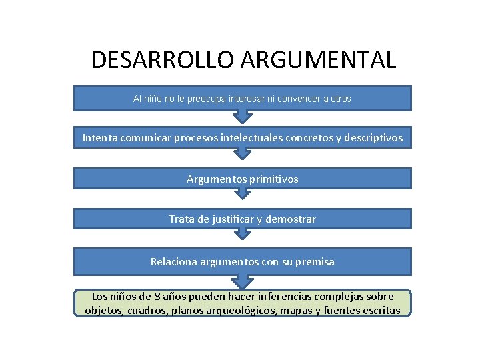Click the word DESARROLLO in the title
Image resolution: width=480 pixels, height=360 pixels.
(x=163, y=60)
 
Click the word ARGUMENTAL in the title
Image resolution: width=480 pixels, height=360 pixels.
(x=318, y=60)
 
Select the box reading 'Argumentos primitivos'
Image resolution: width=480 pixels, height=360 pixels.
(x=243, y=179)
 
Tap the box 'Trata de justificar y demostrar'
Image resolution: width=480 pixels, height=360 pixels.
(x=243, y=219)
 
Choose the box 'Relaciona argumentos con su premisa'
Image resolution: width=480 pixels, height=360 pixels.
(x=243, y=262)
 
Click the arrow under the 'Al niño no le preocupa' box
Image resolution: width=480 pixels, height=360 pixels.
(x=243, y=115)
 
